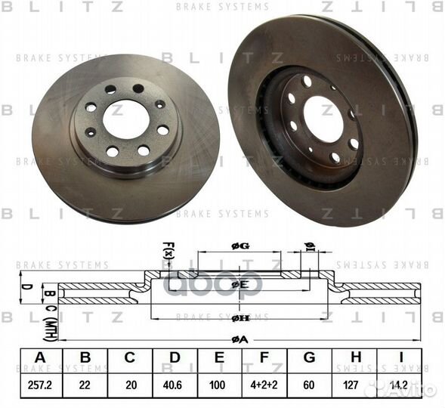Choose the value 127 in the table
(352, 384)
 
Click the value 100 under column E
(218, 384)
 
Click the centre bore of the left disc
(125, 119)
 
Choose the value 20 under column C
(129, 384)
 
